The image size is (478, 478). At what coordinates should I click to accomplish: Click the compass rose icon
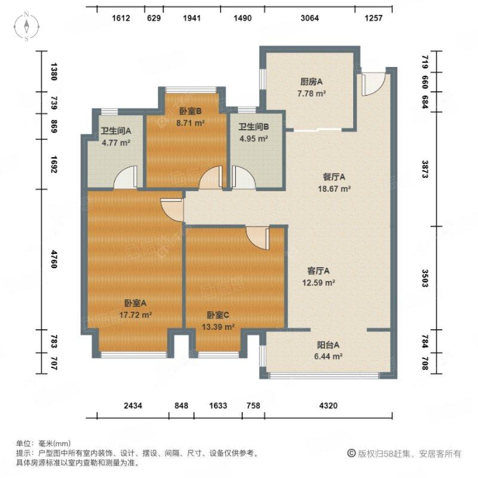26,26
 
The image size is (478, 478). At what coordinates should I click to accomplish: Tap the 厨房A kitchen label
311,82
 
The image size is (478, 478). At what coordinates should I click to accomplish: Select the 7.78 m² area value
311,93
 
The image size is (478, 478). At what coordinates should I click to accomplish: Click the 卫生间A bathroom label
116,131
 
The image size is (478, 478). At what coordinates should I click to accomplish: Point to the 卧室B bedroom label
190,112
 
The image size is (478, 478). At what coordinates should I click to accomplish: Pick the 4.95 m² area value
253,139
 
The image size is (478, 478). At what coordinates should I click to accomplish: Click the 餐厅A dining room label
334,177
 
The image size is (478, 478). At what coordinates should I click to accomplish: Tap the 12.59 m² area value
318,283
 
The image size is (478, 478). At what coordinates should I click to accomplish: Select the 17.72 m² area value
136,315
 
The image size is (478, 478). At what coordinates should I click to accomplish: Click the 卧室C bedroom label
218,315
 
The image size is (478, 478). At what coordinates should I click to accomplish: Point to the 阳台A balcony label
328,345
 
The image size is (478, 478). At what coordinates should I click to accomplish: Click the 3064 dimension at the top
310,19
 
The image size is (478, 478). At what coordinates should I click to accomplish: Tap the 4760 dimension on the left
54,259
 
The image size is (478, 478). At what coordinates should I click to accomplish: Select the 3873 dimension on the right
425,169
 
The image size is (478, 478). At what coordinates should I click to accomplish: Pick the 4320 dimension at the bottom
328,406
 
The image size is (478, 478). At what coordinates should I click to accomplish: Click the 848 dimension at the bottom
182,406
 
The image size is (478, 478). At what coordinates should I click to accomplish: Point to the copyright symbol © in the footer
351,454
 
